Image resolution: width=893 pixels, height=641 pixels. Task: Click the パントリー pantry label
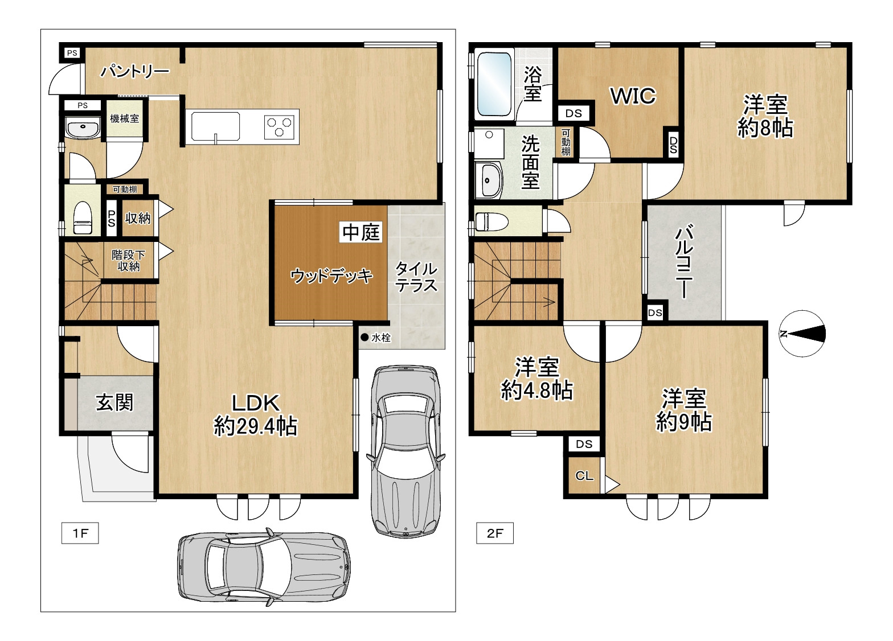click(x=135, y=72)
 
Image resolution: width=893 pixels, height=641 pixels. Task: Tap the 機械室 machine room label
click(x=124, y=118)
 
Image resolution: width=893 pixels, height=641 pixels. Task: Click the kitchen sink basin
click(x=215, y=126)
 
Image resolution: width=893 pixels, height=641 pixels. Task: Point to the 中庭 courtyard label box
click(x=361, y=232)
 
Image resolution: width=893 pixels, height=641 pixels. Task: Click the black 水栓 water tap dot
click(x=364, y=338)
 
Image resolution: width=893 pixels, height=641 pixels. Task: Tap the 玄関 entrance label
click(x=114, y=403)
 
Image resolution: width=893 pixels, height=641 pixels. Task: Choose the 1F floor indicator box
click(x=80, y=533)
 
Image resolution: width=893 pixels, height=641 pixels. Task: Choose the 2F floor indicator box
click(x=495, y=533)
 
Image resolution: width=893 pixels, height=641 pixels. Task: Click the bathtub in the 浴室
click(x=494, y=84)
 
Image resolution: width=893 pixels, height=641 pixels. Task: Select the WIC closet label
click(x=633, y=96)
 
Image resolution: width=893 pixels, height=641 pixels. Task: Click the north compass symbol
click(x=802, y=334)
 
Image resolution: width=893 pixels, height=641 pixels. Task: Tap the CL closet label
click(x=584, y=476)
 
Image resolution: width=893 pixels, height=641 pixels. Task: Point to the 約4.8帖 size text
click(x=536, y=391)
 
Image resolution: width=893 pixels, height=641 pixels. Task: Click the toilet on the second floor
click(x=491, y=221)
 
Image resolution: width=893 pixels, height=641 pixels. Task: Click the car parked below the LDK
click(x=264, y=568)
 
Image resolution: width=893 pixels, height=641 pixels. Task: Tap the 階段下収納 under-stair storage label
click(x=128, y=261)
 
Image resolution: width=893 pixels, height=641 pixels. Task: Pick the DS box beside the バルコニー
click(x=655, y=313)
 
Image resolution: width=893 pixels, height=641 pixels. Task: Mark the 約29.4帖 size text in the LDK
click(x=256, y=426)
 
